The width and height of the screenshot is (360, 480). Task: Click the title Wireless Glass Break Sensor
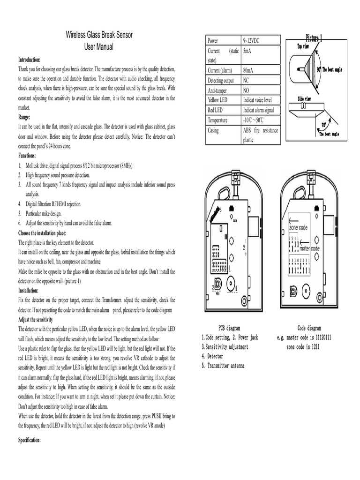coord(98,36)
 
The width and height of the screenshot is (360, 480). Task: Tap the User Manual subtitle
coord(98,47)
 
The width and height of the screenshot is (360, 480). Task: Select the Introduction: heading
coord(30,60)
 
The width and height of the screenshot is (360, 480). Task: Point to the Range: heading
coord(24,117)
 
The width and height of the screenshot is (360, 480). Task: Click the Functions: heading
coord(28,155)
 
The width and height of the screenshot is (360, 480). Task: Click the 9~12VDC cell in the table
coord(252,41)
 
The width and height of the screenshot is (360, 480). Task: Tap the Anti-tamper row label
coord(218,90)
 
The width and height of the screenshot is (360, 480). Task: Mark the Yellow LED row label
coord(219,100)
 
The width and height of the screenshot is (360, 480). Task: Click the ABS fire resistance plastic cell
coord(260,135)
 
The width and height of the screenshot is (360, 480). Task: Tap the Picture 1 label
coord(314,37)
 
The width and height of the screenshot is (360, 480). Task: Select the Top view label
coord(303,46)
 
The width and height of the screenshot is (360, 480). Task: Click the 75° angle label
coord(324,125)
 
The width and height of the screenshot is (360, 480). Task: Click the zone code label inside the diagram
coord(299,227)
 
